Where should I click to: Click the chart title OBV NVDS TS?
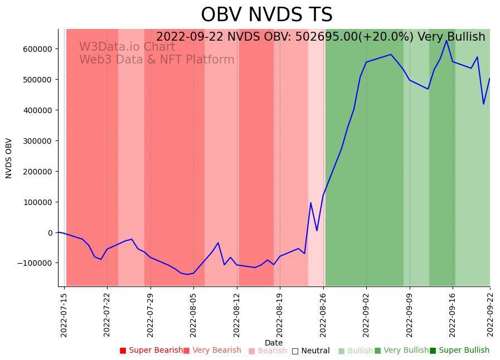(266, 15)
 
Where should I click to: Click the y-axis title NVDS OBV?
(9, 158)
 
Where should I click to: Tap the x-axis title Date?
(274, 343)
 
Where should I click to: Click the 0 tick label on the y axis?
(50, 232)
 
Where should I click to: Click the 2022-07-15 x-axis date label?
(64, 315)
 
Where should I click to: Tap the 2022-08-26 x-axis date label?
(323, 315)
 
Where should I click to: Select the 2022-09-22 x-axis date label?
(491, 315)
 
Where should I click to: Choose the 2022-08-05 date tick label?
(193, 315)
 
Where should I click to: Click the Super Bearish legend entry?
(151, 351)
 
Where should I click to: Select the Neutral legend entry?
(310, 351)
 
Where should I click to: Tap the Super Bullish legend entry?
(459, 351)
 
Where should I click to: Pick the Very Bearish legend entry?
(212, 351)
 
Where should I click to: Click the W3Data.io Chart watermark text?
(127, 47)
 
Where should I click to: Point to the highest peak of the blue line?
(446, 40)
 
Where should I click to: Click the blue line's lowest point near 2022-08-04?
(187, 274)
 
